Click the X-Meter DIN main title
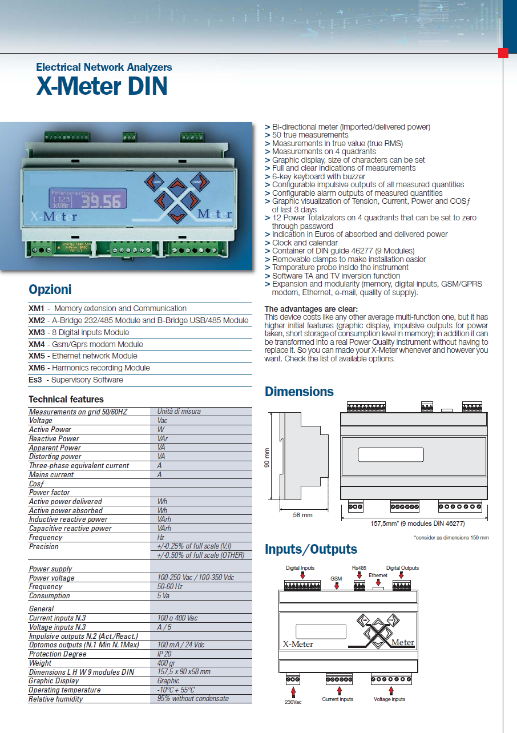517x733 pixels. click(102, 86)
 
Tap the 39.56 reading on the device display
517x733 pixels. click(101, 202)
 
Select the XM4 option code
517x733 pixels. click(37, 344)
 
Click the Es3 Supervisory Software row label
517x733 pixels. click(76, 380)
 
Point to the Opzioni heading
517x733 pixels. click(50, 289)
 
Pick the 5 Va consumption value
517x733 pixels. click(165, 595)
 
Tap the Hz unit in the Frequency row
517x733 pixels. click(161, 537)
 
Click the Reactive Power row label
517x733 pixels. click(54, 438)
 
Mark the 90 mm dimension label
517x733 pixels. click(266, 457)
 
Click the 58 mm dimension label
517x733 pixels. click(302, 515)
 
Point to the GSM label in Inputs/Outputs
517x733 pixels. click(336, 578)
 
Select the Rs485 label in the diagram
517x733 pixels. click(359, 568)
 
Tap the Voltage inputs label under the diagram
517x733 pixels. click(389, 699)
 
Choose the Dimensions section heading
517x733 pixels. click(299, 392)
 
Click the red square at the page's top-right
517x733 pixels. click(503, 53)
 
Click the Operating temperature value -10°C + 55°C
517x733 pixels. click(176, 690)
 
